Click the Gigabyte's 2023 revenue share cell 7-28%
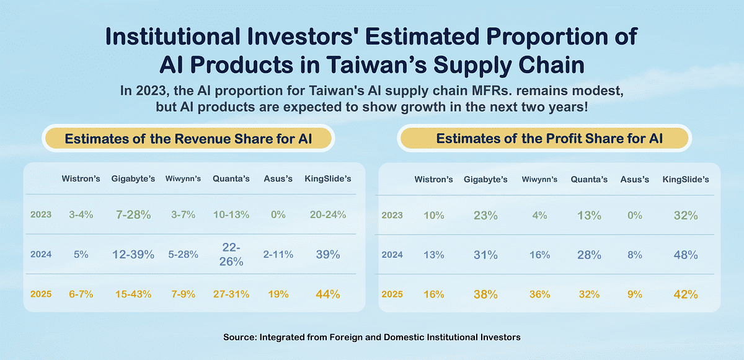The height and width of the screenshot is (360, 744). (133, 214)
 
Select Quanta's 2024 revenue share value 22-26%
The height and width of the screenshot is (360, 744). (231, 254)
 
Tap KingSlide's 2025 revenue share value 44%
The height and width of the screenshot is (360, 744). (327, 294)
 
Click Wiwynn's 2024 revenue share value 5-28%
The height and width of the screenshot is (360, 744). (183, 254)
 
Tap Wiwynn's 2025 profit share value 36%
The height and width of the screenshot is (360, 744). (539, 294)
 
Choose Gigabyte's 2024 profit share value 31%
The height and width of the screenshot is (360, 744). (485, 255)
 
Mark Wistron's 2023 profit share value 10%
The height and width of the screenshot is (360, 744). (433, 216)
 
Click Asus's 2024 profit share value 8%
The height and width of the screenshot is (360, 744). (635, 255)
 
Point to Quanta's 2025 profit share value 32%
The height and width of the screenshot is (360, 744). (589, 294)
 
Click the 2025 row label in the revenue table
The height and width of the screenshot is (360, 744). (40, 294)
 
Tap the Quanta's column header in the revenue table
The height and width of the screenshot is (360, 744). (231, 179)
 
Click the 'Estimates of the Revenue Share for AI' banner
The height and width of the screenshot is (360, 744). (188, 139)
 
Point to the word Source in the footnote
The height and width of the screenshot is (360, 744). (238, 337)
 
